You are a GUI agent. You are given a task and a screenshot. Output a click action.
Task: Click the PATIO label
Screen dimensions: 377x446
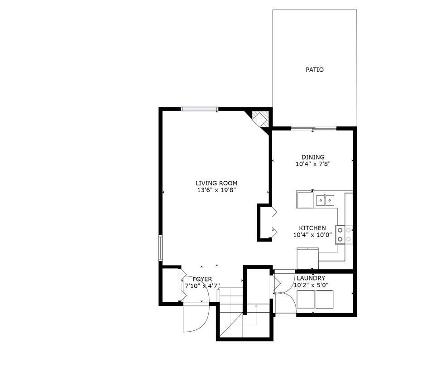315,70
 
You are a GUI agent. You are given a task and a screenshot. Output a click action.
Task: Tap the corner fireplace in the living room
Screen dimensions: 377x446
260,119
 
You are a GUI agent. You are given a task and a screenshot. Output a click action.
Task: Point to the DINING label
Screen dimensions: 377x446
313,157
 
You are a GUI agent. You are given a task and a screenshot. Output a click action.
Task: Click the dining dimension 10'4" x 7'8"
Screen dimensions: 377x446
313,164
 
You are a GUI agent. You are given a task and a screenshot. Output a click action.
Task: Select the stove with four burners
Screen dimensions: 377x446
344,234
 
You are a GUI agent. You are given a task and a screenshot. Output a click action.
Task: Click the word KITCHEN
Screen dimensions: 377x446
312,228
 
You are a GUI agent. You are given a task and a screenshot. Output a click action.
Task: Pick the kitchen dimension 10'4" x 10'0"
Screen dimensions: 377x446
312,235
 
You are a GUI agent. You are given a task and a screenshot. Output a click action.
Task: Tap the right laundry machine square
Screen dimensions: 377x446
325,299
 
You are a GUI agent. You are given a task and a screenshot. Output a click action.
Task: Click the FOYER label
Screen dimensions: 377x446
202,279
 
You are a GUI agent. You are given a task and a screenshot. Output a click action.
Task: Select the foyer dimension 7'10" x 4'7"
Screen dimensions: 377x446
202,286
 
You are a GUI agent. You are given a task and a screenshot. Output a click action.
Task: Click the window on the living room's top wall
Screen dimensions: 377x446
199,109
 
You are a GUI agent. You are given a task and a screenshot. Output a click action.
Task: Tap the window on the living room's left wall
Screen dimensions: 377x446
160,247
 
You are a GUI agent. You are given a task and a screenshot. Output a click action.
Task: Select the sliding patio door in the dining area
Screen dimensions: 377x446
313,129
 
